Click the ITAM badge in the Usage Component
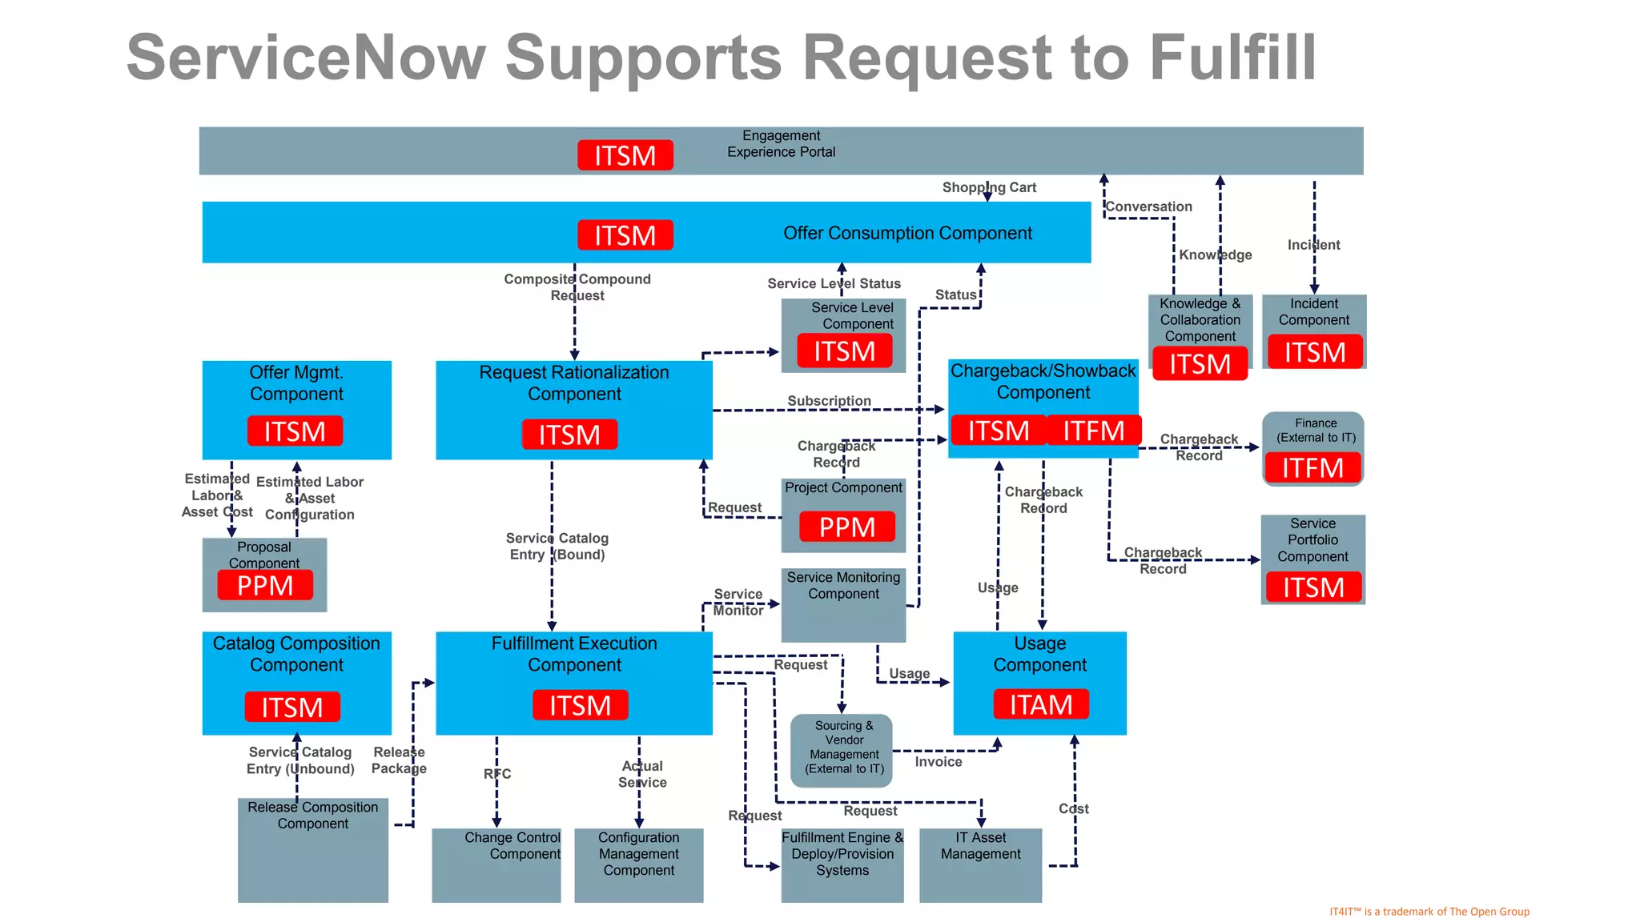pyautogui.click(x=1040, y=704)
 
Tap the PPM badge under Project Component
pyautogui.click(x=846, y=527)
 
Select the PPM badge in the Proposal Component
pyautogui.click(x=264, y=586)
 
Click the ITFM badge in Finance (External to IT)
pyautogui.click(x=1312, y=467)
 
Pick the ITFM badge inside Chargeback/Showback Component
pyautogui.click(x=1093, y=431)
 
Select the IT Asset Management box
pyautogui.click(x=980, y=864)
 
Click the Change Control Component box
pyautogui.click(x=496, y=864)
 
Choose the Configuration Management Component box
pyautogui.click(x=638, y=864)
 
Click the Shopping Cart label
pyautogui.click(x=989, y=187)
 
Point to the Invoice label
pyautogui.click(x=938, y=762)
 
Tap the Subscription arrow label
pyautogui.click(x=829, y=401)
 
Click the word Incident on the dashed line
pyautogui.click(x=1313, y=245)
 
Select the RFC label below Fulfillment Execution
pyautogui.click(x=496, y=774)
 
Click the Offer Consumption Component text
pyautogui.click(x=907, y=233)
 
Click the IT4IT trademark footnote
pyautogui.click(x=1429, y=912)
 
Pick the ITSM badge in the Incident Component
pyautogui.click(x=1314, y=352)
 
